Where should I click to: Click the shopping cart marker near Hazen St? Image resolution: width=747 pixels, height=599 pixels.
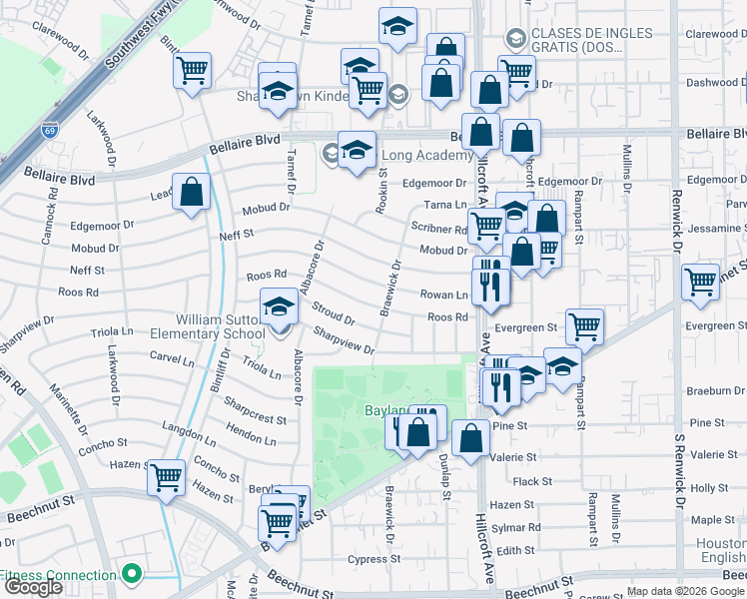(x=166, y=476)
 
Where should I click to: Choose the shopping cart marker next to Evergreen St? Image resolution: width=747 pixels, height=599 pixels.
(x=584, y=324)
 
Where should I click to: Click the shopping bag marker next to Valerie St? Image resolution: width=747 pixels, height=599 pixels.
(x=470, y=436)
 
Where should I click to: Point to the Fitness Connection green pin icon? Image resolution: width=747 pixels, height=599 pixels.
(x=129, y=574)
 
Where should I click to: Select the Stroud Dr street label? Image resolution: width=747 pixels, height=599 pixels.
(x=334, y=312)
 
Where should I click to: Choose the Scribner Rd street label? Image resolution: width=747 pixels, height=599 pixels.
(x=439, y=229)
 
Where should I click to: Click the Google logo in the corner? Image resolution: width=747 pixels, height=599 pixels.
(x=33, y=587)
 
